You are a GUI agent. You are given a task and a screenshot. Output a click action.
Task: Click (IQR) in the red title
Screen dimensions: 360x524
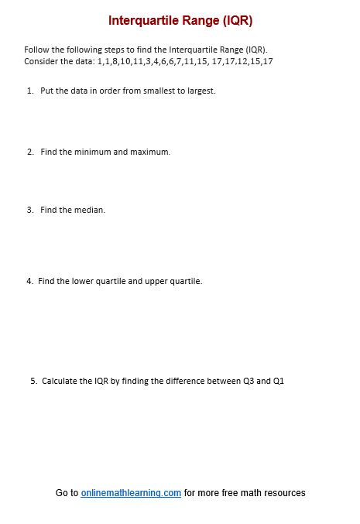tap(238, 20)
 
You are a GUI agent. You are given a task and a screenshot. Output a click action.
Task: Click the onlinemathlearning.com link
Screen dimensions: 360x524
tap(131, 493)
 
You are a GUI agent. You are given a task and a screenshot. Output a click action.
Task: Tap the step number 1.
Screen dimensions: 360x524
tap(29, 91)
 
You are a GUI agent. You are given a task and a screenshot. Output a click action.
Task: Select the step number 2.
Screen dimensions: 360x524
tap(29, 152)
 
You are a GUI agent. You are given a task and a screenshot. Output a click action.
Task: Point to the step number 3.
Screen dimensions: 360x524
tap(29, 210)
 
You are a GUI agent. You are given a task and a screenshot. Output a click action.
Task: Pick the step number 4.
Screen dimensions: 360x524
tap(29, 281)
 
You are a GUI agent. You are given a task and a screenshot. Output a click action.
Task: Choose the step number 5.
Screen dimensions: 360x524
tap(33, 381)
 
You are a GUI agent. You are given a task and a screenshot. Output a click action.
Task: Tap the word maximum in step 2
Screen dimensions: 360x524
tap(150, 152)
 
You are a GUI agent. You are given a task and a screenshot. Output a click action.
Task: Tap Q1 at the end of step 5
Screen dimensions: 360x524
tap(279, 381)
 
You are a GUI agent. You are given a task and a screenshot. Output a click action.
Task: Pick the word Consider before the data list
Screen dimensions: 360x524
tap(39, 60)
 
